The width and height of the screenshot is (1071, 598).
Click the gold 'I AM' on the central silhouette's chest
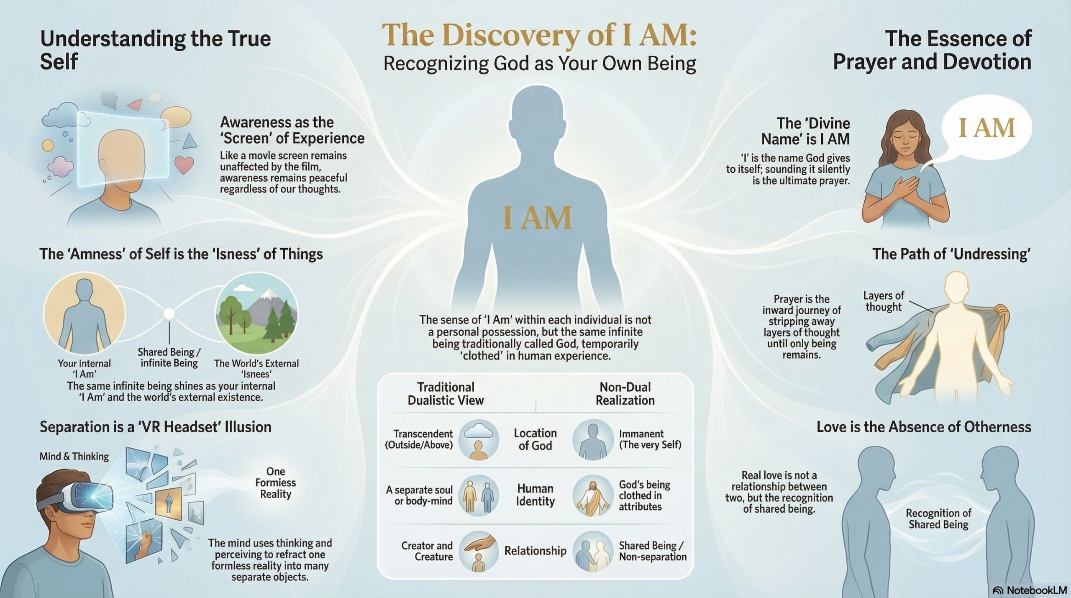point(538,218)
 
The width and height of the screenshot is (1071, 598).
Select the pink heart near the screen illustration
point(184,165)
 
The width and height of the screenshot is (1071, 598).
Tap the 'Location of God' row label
point(535,439)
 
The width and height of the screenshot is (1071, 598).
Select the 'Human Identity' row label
point(535,495)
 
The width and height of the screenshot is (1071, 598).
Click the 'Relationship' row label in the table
point(535,551)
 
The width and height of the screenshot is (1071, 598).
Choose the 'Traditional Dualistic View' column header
point(446,394)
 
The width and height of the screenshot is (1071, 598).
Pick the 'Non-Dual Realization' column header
point(625,394)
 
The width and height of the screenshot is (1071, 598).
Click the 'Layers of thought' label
point(884,301)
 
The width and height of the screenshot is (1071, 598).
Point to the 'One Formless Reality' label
point(275,483)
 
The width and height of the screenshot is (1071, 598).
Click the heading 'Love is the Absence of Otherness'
point(924,427)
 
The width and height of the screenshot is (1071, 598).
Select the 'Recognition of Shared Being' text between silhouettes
point(938,519)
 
